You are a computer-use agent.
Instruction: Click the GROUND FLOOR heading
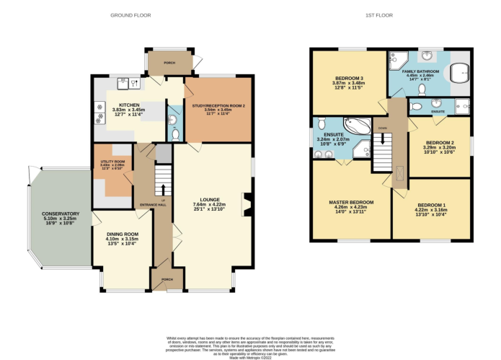130,14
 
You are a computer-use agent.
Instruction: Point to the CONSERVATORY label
61,214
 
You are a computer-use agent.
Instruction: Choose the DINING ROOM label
122,234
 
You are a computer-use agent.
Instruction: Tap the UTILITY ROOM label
112,162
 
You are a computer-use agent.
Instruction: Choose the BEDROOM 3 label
349,78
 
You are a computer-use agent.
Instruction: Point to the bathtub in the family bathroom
458,70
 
